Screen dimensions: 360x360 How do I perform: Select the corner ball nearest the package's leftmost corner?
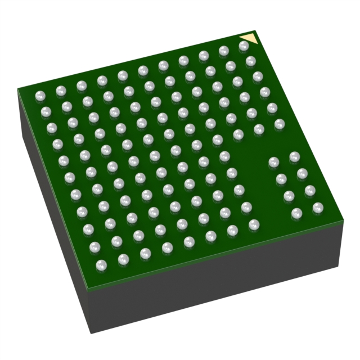pos(40,96)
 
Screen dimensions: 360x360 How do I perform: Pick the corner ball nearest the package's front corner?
pos(102,264)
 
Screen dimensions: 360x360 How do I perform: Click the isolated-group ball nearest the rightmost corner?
pos(318,208)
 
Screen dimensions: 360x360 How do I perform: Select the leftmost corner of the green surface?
pos(18,89)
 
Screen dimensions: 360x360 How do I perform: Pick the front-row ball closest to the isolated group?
pos(254,224)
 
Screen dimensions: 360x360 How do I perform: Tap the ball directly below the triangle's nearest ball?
pos(251,61)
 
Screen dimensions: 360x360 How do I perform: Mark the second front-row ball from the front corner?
pos(123,259)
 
